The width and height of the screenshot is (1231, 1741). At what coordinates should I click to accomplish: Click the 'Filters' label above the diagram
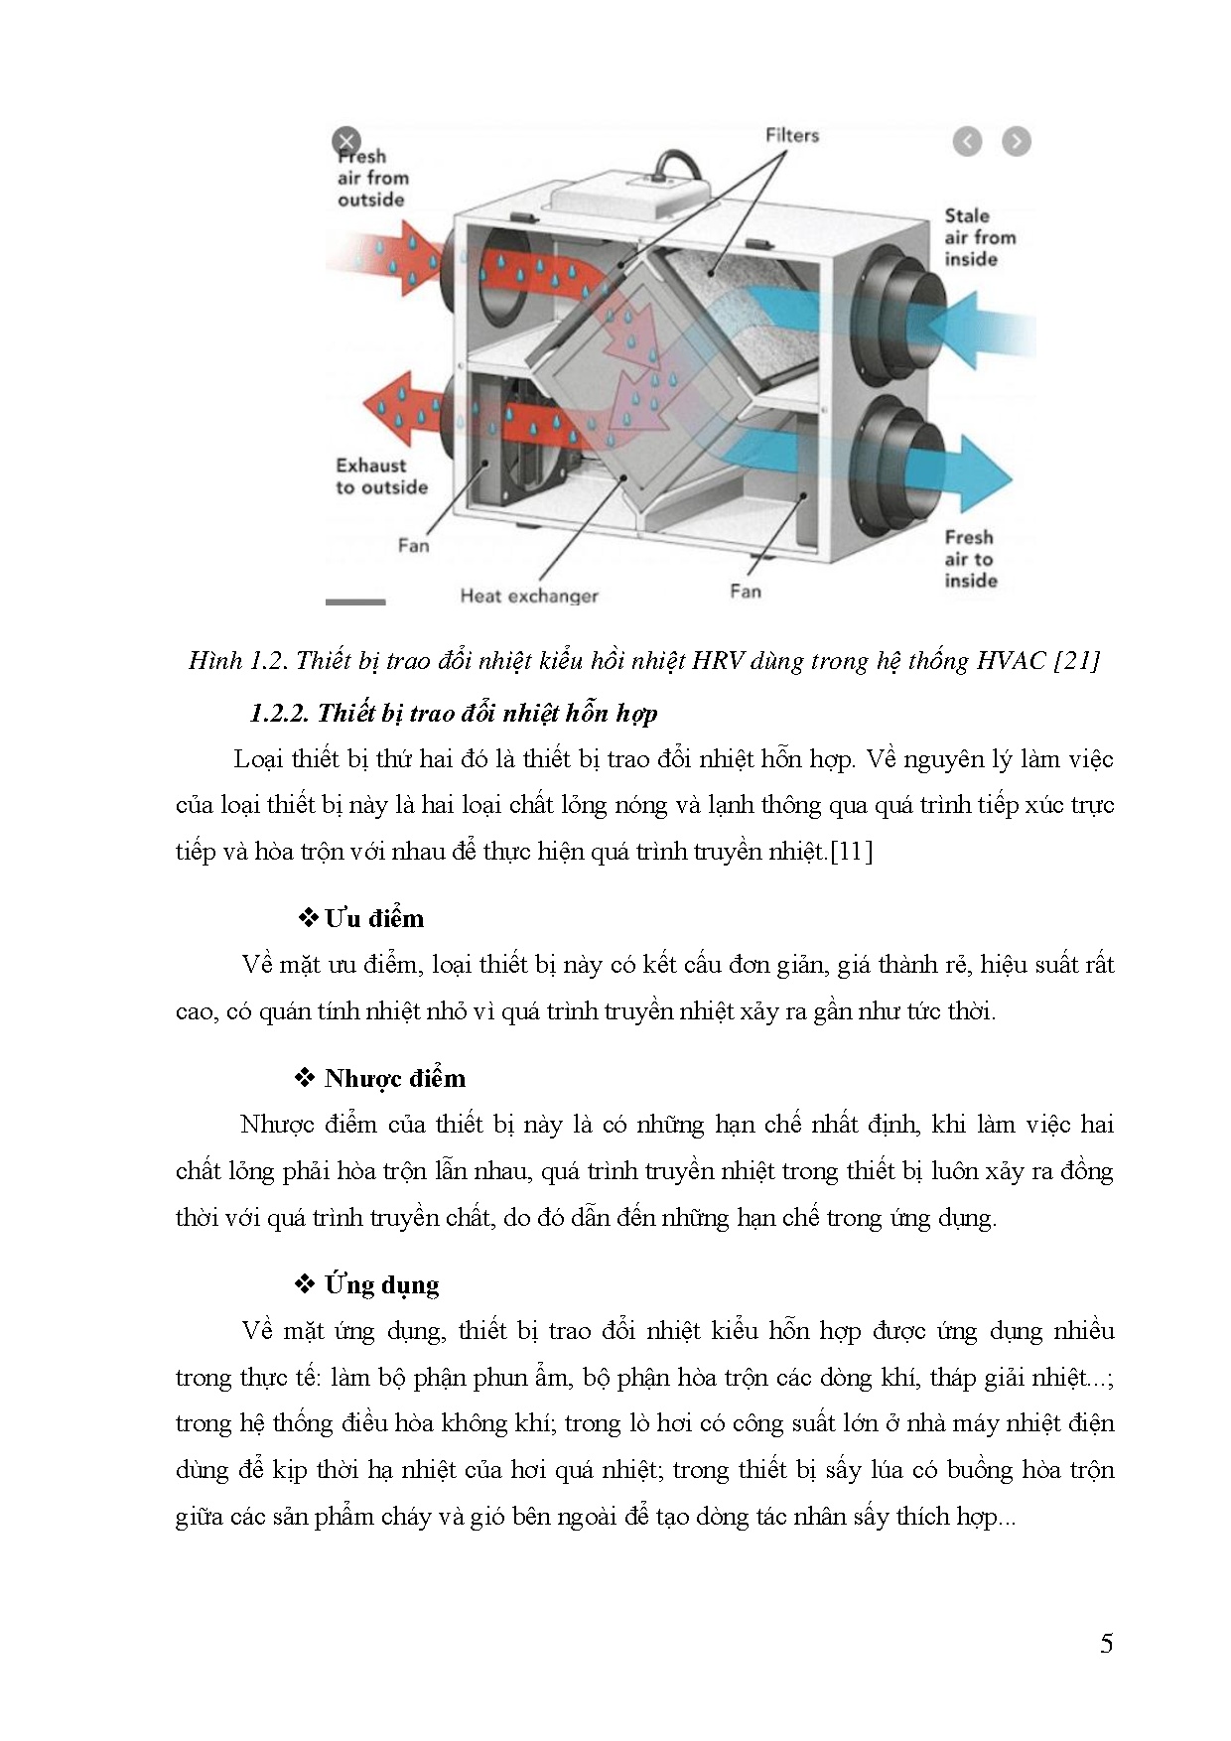tap(791, 135)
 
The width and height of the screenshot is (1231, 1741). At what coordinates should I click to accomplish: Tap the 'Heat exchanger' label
tap(528, 596)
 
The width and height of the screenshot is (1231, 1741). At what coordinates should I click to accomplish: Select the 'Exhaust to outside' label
tap(381, 476)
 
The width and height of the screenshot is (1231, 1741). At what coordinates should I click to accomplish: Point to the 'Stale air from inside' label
tap(979, 237)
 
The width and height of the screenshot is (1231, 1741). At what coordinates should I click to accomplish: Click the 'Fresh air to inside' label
tap(970, 559)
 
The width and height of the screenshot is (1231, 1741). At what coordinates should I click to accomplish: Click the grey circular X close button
tap(345, 140)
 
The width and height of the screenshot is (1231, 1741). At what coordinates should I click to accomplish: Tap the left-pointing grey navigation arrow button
tap(967, 142)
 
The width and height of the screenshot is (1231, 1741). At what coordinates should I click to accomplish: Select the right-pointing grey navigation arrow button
tap(1016, 142)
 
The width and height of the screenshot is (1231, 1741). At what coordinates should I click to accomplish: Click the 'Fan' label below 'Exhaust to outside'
tap(413, 545)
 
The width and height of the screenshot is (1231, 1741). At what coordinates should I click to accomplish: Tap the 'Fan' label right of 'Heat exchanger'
tap(745, 592)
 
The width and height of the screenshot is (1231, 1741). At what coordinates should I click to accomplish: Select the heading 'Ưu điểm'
tap(373, 919)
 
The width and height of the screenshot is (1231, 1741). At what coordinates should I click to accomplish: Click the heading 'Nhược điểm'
tap(394, 1079)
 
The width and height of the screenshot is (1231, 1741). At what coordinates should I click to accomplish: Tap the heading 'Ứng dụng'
tap(381, 1285)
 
